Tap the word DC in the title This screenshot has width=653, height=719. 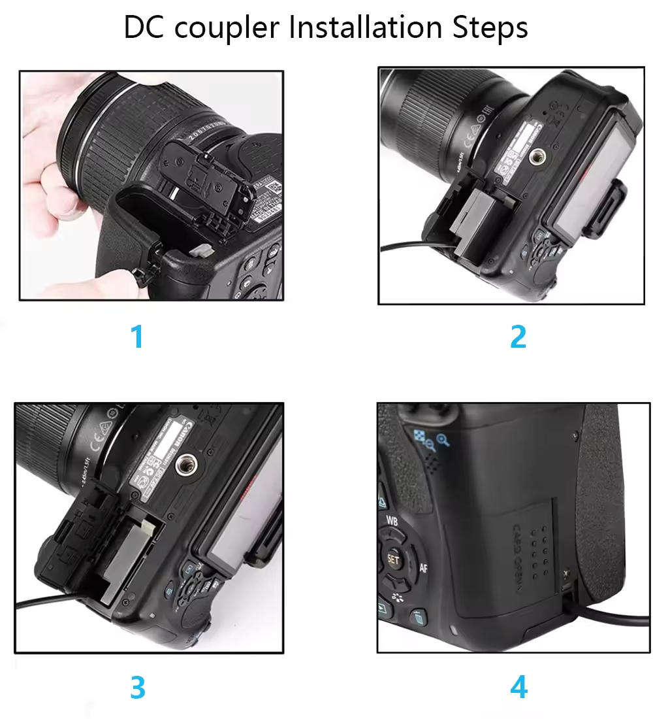coord(144,27)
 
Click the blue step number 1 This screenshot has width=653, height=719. coord(136,337)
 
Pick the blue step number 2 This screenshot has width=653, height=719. coord(518,337)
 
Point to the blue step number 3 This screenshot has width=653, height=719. coord(137,688)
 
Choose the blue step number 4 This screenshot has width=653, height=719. coord(518,688)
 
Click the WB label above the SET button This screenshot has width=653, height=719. coord(392,521)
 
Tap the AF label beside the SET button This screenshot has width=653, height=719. coord(423,567)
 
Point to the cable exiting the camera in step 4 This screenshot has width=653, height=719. coord(601,620)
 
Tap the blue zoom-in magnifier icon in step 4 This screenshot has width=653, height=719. coord(443,440)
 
